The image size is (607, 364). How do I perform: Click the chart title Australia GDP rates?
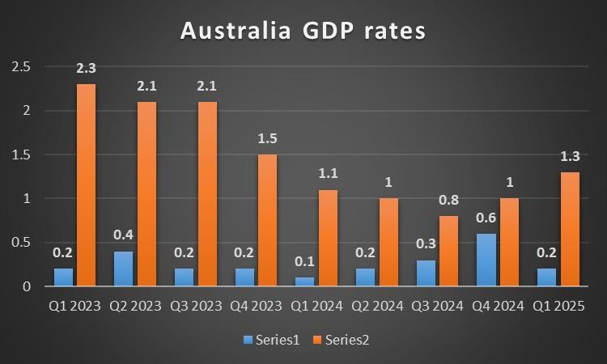pyautogui.click(x=303, y=31)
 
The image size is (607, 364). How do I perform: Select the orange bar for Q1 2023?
pyautogui.click(x=87, y=185)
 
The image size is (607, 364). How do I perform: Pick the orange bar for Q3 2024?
pyautogui.click(x=448, y=251)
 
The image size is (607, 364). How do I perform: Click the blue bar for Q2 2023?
pyautogui.click(x=123, y=269)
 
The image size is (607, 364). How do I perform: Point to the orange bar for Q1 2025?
pyautogui.click(x=569, y=229)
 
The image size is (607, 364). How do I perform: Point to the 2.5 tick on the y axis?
pyautogui.click(x=18, y=67)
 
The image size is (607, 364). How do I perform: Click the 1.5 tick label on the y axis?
pyautogui.click(x=18, y=154)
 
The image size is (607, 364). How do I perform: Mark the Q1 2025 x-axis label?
pyautogui.click(x=558, y=308)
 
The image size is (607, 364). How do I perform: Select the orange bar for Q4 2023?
pyautogui.click(x=267, y=220)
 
